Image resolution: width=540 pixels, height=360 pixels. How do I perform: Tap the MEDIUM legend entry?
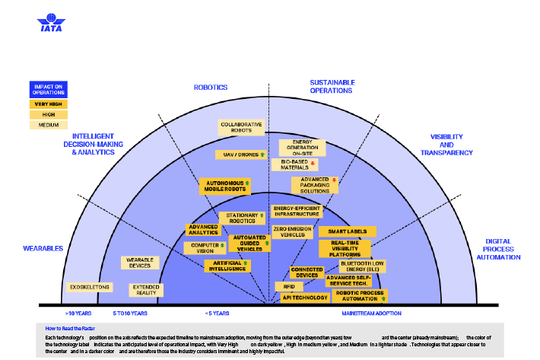click(x=49, y=125)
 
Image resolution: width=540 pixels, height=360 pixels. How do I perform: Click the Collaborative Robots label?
click(x=241, y=127)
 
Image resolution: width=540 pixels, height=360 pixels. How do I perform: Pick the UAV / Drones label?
click(x=240, y=154)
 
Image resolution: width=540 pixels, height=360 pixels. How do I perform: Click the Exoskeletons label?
click(x=91, y=287)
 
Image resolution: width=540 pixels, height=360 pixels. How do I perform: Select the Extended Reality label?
click(x=145, y=290)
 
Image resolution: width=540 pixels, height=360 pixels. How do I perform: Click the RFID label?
click(x=289, y=286)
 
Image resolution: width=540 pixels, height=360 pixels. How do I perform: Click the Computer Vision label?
click(x=205, y=247)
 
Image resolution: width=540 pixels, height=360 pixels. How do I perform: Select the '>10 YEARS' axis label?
click(x=78, y=313)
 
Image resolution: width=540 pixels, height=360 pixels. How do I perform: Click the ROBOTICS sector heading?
click(x=211, y=87)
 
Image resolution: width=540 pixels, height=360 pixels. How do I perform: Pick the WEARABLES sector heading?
click(x=43, y=248)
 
